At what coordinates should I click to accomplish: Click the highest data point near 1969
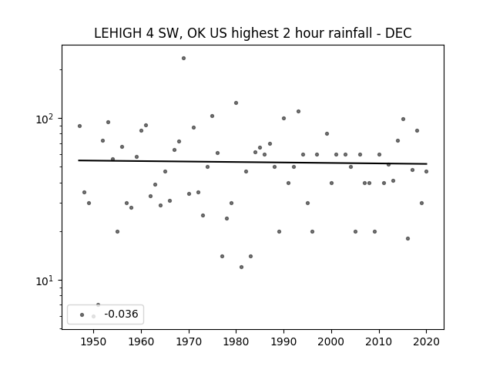(183, 59)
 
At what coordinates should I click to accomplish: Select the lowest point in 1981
(241, 267)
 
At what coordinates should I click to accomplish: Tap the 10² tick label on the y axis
(45, 119)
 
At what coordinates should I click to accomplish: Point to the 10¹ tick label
(45, 281)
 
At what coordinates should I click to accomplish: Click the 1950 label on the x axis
(93, 341)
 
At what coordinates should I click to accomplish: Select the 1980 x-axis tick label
(236, 341)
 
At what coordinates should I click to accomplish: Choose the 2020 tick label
(426, 341)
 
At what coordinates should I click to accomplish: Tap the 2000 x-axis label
(331, 341)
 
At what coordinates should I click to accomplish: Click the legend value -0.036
(121, 314)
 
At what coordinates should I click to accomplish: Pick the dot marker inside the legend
(82, 314)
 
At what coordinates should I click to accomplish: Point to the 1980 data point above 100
(236, 103)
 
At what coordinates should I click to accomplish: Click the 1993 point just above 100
(298, 111)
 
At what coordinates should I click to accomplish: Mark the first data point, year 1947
(80, 126)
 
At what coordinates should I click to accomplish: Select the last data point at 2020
(426, 171)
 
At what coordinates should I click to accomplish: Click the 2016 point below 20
(407, 238)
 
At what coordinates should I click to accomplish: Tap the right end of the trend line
(427, 163)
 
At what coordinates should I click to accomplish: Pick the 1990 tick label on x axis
(283, 341)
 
